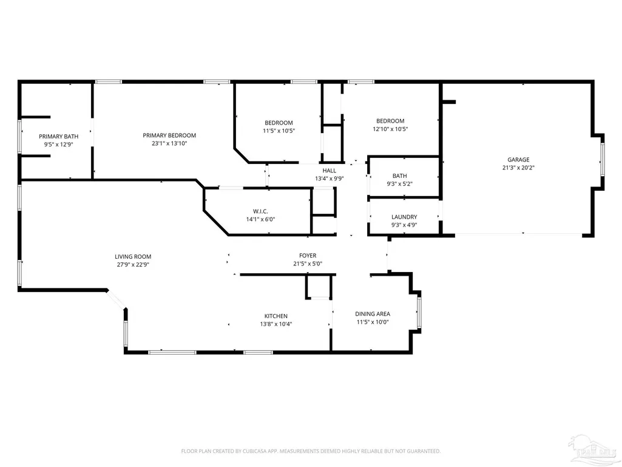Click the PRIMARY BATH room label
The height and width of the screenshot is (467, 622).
59,136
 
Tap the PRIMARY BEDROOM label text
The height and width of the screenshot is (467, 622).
169,135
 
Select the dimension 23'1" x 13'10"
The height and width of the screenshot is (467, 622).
169,143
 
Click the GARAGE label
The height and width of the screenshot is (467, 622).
518,160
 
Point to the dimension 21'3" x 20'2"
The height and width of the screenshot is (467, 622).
518,168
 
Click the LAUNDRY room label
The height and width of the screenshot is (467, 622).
404,217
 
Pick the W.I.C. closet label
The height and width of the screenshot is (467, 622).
260,211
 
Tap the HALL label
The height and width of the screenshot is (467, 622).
330,171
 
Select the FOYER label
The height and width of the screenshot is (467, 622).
308,256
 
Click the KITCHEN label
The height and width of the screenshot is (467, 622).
276,316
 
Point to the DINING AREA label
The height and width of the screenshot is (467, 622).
373,314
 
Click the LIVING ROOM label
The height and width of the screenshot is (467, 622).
133,256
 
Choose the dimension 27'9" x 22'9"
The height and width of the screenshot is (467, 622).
133,265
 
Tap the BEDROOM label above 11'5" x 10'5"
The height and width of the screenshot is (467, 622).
279,123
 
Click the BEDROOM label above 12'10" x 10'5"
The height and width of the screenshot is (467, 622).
390,121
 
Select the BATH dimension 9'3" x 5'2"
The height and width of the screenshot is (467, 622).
400,184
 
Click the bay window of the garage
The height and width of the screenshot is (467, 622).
602,159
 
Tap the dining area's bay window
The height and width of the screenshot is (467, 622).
419,312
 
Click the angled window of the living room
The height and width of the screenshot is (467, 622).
117,299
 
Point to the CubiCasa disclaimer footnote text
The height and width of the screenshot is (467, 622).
311,451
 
